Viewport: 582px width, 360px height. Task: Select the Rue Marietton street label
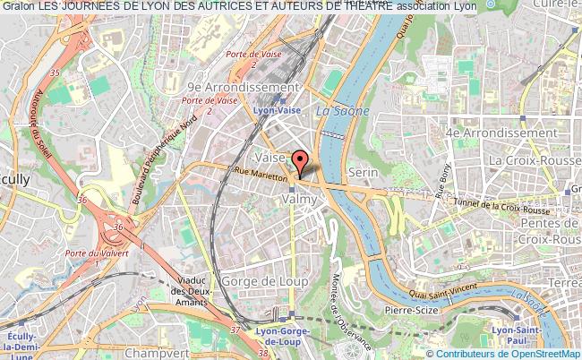coord(260,174)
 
